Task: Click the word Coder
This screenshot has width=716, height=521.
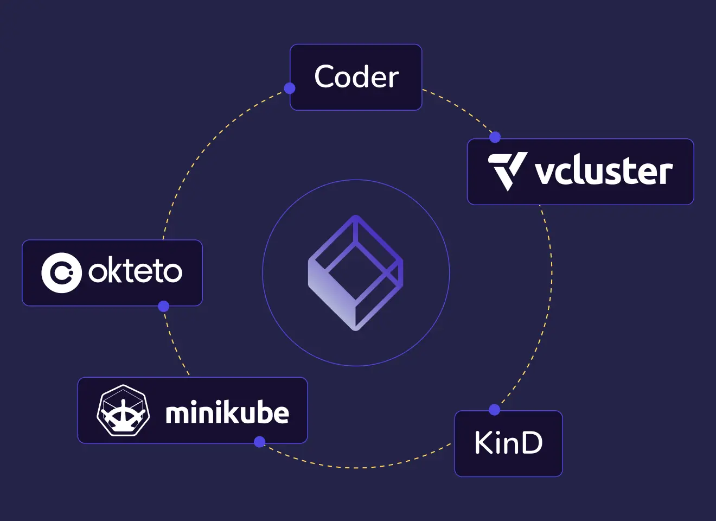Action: [x=356, y=77]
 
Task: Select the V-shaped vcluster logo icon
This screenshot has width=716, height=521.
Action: [x=507, y=170]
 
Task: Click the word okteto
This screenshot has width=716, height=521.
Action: [x=135, y=271]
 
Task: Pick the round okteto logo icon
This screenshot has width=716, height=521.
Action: [x=61, y=272]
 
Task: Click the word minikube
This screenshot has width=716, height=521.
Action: [x=227, y=413]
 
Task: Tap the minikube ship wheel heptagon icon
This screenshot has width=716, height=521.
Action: [x=123, y=410]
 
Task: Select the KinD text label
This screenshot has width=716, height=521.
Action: [x=508, y=443]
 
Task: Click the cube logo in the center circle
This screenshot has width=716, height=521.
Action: [x=356, y=272]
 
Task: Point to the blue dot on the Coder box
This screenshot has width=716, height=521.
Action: [x=290, y=88]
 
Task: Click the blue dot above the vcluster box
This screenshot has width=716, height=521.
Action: [x=495, y=137]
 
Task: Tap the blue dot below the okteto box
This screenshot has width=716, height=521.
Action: [x=163, y=307]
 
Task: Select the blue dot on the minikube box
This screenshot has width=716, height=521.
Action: [x=260, y=442]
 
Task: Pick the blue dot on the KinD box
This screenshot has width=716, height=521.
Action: [x=494, y=410]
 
